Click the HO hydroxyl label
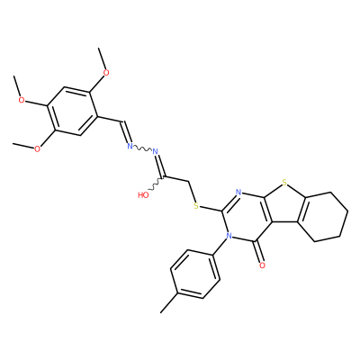[143, 195]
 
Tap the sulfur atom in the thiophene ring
[284, 182]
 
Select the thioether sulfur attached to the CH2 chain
[196, 206]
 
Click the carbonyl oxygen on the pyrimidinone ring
[262, 265]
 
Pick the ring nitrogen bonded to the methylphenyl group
[229, 236]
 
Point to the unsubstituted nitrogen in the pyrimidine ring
[238, 193]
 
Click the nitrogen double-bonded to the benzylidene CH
[130, 146]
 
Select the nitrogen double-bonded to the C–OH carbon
[156, 151]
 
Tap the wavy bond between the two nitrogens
[143, 148]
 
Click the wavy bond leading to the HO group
[156, 184]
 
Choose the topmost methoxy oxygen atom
[106, 72]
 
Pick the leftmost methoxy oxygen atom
[22, 100]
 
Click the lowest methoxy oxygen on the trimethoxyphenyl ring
[37, 149]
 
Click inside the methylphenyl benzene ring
[195, 274]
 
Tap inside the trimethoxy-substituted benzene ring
[72, 111]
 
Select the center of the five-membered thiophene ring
[283, 203]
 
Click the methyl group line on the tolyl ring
[169, 302]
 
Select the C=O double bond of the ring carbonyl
[258, 251]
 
